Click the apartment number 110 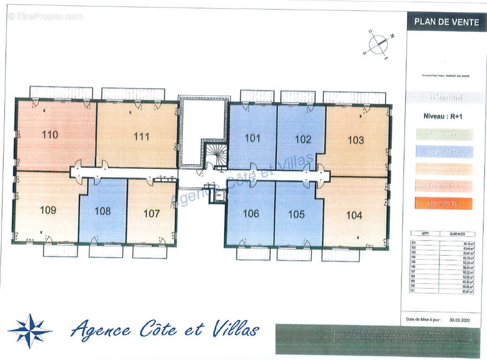tap(50, 135)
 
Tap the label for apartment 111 tap(141, 137)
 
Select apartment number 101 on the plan tap(253, 138)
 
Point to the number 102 tap(303, 139)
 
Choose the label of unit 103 tap(356, 140)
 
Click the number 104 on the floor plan tap(354, 215)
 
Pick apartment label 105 tap(296, 214)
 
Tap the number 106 tap(251, 214)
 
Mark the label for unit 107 tap(152, 214)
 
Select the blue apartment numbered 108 tap(102, 211)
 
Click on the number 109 tap(48, 210)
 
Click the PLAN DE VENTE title tap(440, 21)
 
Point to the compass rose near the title tap(379, 44)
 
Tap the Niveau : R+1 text tap(443, 116)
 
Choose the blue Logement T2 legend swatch tap(444, 152)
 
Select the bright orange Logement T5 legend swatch tap(444, 203)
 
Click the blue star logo tap(30, 331)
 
